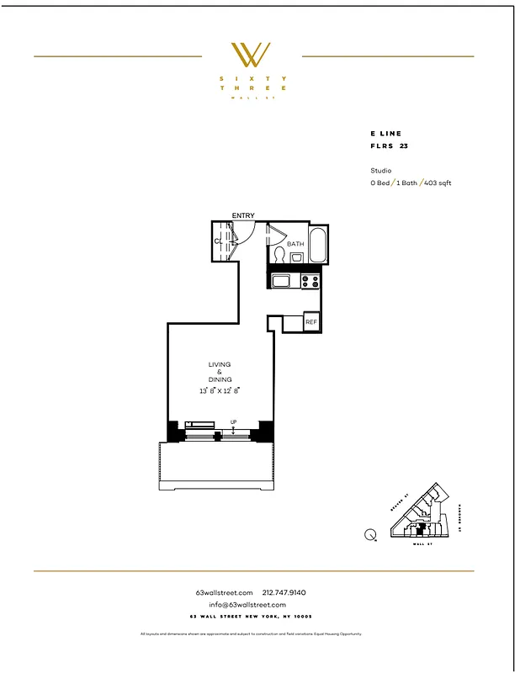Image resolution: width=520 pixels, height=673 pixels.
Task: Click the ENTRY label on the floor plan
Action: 243,216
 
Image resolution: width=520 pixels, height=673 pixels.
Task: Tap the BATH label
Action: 295,244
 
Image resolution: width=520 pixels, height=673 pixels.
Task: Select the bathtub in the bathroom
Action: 319,244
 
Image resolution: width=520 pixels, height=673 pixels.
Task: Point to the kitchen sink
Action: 281,281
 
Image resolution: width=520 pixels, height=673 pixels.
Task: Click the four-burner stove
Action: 310,281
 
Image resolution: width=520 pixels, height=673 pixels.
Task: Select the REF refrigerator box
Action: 311,322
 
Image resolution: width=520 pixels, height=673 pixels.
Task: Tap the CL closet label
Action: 218,241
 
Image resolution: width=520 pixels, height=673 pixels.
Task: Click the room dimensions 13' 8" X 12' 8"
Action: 220,390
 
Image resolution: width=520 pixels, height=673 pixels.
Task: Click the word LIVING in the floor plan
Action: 220,364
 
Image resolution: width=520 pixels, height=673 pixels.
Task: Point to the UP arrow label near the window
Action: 233,422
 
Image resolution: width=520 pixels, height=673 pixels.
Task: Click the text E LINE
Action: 386,134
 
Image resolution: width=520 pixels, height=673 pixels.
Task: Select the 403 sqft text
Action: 438,183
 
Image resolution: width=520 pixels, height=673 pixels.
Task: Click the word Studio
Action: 380,171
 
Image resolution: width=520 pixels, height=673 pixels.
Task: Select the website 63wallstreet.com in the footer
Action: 224,592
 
